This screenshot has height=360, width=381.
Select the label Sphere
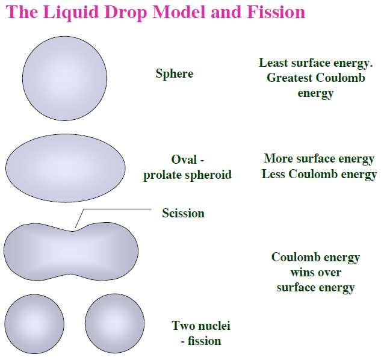[x=175, y=74]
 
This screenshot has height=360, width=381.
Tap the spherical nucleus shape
[x=64, y=78]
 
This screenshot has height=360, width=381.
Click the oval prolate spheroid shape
[x=66, y=167]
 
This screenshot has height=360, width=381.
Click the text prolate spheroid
[x=187, y=176]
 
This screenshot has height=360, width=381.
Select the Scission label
[x=183, y=213]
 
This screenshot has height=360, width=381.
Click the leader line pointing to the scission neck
[x=114, y=209]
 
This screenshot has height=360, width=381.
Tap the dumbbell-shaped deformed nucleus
[x=70, y=251]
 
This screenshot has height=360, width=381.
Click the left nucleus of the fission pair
[x=34, y=323]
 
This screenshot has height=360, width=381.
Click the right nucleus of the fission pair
[x=115, y=323]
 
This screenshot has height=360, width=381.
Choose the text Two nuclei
[x=201, y=326]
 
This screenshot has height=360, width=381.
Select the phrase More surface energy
[x=319, y=160]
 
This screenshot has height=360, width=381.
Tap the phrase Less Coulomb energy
[x=319, y=175]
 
